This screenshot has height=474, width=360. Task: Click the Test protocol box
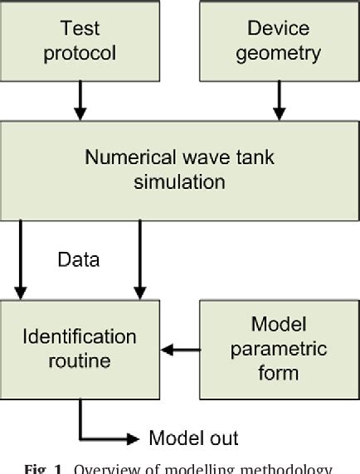click(80, 40)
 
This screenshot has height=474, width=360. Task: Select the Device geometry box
click(278, 40)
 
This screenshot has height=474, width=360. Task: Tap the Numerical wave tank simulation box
click(179, 169)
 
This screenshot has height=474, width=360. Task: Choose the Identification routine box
click(80, 349)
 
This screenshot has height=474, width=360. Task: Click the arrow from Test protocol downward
click(80, 100)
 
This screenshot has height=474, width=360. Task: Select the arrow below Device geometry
click(278, 100)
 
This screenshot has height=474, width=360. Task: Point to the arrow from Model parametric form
click(180, 351)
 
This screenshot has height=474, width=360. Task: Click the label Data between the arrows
click(79, 260)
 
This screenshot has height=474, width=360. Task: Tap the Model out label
click(193, 438)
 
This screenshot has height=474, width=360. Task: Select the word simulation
click(179, 181)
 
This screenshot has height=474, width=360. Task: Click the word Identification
click(80, 337)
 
